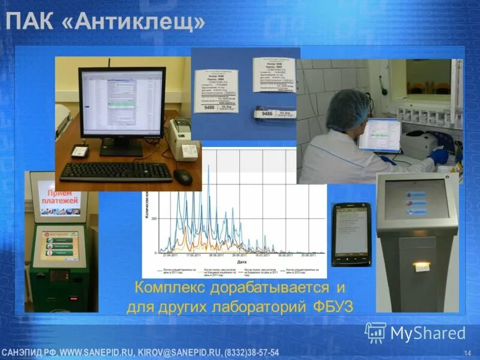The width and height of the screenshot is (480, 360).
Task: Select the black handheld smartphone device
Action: tap(351, 234)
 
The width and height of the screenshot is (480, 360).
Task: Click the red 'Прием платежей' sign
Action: tap(59, 201)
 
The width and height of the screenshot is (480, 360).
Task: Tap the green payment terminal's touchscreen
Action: tap(59, 245)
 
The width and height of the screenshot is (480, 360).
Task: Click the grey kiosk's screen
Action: tap(416, 199)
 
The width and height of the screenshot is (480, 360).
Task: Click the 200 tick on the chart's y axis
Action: tap(154, 218)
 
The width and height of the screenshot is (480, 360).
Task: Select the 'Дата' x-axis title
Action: tap(241, 262)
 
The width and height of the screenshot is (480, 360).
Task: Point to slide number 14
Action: tap(467, 351)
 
